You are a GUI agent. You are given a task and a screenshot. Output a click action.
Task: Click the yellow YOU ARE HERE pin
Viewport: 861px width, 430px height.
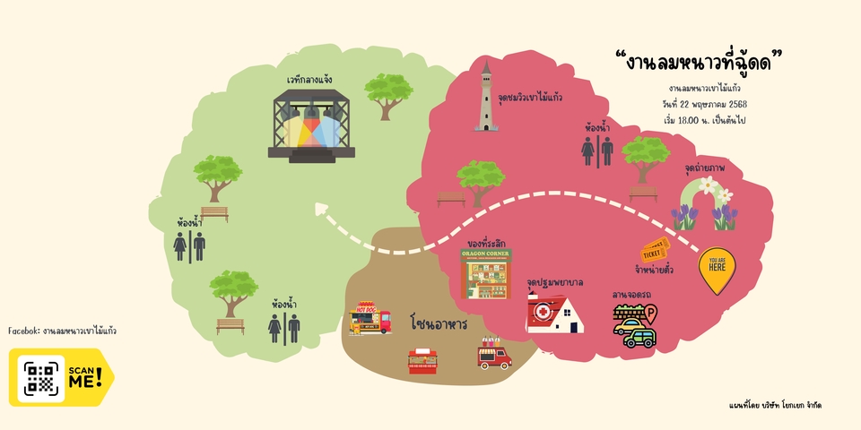click(x=717, y=268)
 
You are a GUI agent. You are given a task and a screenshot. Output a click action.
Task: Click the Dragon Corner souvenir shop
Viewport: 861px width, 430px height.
click(x=486, y=273)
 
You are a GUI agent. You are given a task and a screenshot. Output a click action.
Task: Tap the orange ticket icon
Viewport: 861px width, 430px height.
click(x=655, y=252)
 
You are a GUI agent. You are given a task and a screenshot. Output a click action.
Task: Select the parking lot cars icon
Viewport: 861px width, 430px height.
click(x=635, y=326)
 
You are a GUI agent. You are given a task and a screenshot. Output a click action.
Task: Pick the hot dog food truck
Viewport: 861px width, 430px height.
click(x=370, y=318)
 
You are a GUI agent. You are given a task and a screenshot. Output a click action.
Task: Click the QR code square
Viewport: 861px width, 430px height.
click(x=40, y=377)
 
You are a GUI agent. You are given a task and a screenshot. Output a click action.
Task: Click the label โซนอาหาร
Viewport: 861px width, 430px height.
click(x=439, y=322)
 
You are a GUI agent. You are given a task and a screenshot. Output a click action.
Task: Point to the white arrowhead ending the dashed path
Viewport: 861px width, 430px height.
click(x=321, y=211)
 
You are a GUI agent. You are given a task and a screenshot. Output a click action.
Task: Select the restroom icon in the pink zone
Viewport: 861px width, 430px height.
click(x=597, y=150)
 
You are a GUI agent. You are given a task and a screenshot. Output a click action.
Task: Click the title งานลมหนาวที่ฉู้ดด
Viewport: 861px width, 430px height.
click(x=700, y=62)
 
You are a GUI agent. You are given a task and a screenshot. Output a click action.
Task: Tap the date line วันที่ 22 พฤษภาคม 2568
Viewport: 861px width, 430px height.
click(x=704, y=104)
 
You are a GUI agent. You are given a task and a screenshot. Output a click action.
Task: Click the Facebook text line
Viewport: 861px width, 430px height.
click(x=62, y=331)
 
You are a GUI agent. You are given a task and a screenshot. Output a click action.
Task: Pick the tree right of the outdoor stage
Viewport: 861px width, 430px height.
click(x=388, y=95)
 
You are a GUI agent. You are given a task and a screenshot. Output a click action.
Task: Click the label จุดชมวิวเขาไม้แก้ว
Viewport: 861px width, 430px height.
click(x=530, y=97)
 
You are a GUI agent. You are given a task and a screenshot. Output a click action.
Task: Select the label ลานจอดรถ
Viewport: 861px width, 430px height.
click(x=631, y=295)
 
